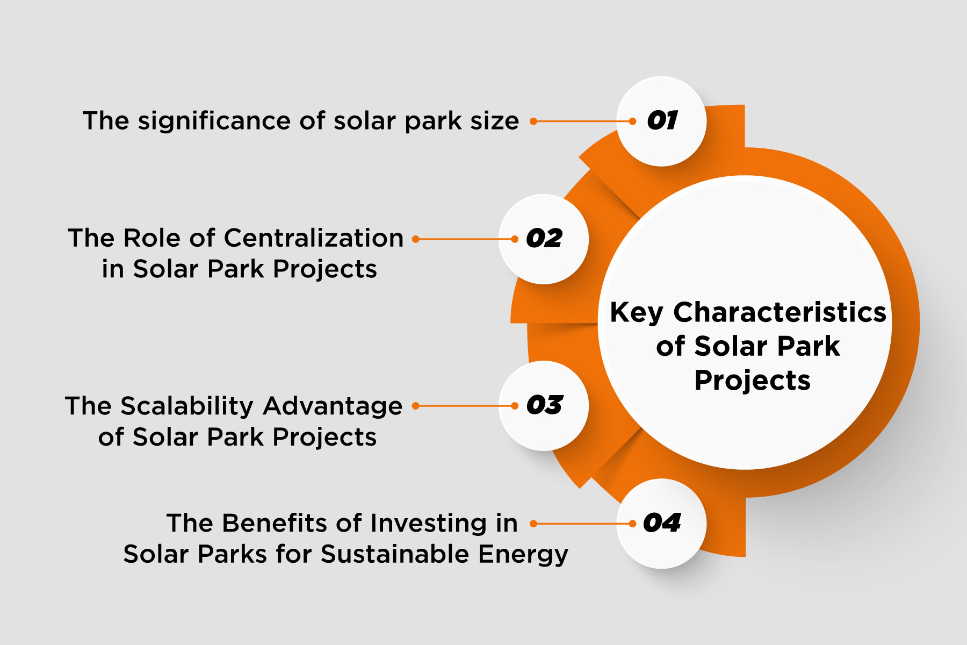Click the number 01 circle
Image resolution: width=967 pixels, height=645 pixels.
click(x=661, y=121)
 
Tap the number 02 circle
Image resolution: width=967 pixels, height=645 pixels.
click(x=544, y=239)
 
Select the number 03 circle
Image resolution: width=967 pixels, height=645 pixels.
click(x=544, y=406)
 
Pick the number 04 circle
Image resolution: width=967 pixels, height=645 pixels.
click(x=661, y=524)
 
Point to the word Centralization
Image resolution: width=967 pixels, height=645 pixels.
click(x=314, y=238)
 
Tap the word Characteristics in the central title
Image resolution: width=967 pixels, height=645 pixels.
click(x=780, y=312)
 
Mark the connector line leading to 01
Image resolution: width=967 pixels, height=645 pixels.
click(x=583, y=121)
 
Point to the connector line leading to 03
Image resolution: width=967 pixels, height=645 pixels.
click(x=465, y=406)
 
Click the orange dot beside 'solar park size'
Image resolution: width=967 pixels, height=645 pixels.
click(x=533, y=121)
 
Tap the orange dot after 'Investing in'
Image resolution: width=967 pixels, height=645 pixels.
click(x=533, y=524)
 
